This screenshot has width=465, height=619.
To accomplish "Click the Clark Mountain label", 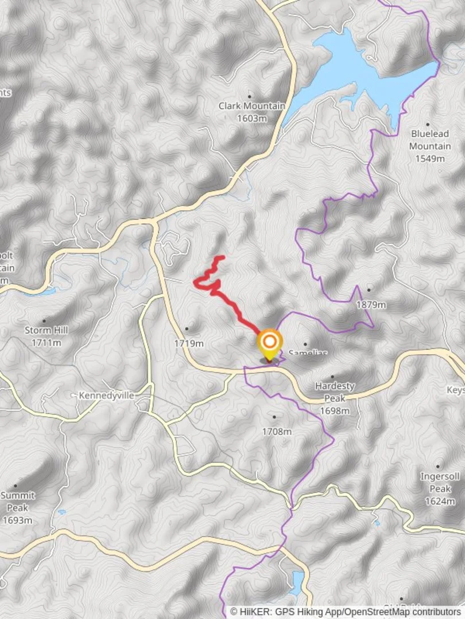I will [x=251, y=106].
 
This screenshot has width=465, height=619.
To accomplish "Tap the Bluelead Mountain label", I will [x=429, y=140].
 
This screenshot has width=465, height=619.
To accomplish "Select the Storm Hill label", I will [x=46, y=330].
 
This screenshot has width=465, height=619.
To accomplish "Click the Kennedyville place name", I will [x=106, y=395].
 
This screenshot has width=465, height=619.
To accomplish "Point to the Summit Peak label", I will [x=17, y=502].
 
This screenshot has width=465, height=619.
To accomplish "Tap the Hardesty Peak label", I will [x=335, y=392].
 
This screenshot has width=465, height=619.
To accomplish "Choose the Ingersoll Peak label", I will [x=439, y=483].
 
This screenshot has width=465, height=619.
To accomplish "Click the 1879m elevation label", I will [x=371, y=305].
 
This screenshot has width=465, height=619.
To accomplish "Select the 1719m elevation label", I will [x=189, y=343].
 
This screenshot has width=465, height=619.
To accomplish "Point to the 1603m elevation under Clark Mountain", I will [x=251, y=119].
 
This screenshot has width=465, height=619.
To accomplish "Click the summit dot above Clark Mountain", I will [x=249, y=96].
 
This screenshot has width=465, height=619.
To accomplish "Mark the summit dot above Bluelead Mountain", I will [x=428, y=123].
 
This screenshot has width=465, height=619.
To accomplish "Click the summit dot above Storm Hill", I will [x=44, y=320].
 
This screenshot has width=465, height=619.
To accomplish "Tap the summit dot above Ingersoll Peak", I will [x=438, y=467].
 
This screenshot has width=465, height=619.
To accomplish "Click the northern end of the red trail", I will [x=222, y=257].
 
